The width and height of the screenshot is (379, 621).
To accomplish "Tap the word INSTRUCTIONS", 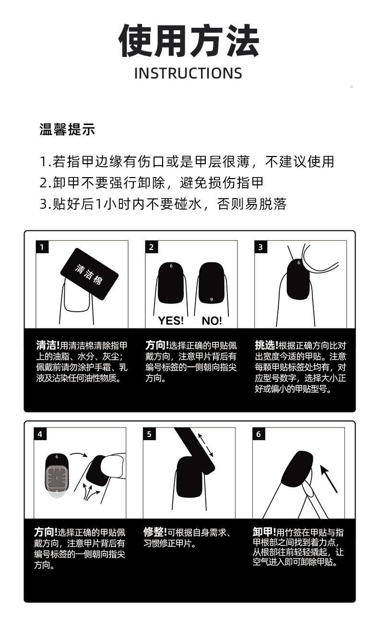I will coord(188,73).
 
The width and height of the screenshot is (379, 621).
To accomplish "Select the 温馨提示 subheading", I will coord(67,129).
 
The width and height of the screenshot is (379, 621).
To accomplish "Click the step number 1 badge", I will coord(42,247).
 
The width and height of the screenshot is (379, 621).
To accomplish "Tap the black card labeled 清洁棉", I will coord(89,274).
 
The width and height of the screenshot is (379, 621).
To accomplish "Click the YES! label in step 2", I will coord(171,321).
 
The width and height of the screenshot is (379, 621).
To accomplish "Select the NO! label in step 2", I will coord(211,321).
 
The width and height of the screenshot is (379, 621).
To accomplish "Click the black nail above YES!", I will coord(171,283).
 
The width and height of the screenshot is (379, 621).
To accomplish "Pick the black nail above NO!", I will coord(212,283).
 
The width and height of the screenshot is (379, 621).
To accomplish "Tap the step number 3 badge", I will coord(261,247).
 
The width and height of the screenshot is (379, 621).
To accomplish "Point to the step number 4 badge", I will coord(40,434).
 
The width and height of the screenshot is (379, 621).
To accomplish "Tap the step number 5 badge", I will coord(149,434).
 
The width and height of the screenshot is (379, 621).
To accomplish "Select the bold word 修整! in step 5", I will coord(155,532).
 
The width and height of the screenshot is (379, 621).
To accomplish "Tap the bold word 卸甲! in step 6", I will coord(264,532).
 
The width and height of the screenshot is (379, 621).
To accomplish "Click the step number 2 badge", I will coord(151,247).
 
